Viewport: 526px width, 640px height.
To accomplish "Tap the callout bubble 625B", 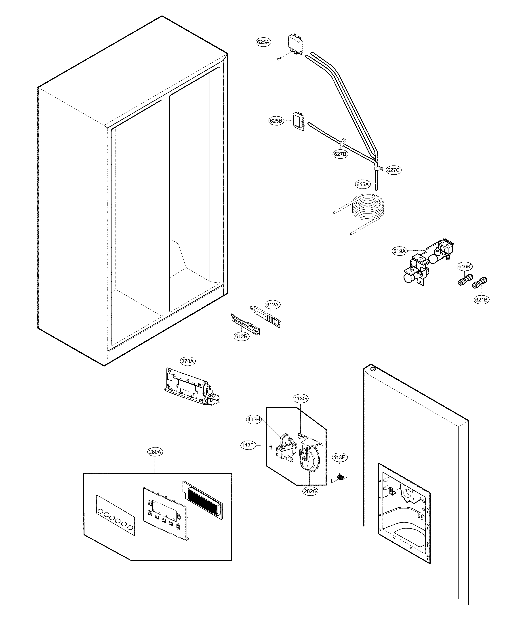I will pos(276,121).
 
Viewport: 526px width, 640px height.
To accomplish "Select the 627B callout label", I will pos(340,154).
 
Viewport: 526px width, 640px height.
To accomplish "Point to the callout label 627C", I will pos(393,170).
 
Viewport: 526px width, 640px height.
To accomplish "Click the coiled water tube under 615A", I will pos(367,207).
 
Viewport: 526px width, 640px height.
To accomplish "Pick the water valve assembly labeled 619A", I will pos(426,263).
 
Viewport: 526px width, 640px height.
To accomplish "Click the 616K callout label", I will pos(465,266).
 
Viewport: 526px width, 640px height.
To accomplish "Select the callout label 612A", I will pos(272,305).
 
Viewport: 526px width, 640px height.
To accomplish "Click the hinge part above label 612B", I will pos(245,324).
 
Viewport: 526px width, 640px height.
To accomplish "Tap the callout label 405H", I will pos(254,420).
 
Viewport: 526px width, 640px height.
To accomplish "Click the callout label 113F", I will pos(248,445).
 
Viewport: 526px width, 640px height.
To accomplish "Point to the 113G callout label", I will pos(301,399).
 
